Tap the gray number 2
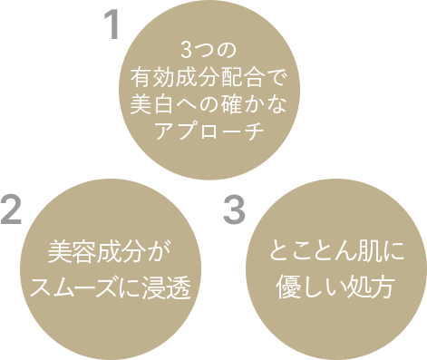click(11, 209)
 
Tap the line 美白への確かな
click(209, 104)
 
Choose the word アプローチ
click(209, 132)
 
